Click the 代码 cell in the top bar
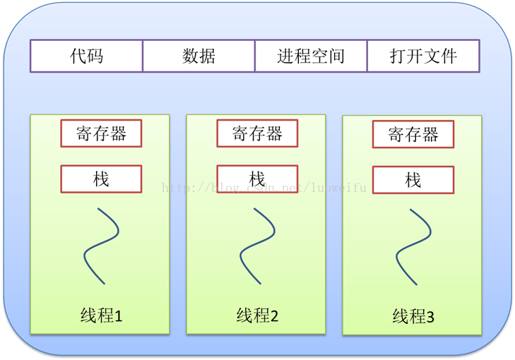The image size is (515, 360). tap(86, 56)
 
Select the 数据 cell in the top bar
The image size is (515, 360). tap(199, 56)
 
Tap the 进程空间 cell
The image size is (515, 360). tap(311, 56)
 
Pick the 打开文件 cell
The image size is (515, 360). tap(423, 56)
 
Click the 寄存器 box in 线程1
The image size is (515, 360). tap(101, 133)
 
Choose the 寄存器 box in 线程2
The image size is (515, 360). tap(257, 133)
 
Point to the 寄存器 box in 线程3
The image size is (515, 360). tap(413, 135)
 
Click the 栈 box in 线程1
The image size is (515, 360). tap(101, 179)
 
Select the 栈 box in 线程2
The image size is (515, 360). tap(257, 179)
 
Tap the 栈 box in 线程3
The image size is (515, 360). tap(413, 181)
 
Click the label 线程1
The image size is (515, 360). tap(101, 316)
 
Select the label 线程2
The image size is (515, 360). tap(257, 316)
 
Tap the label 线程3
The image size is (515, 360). tap(413, 318)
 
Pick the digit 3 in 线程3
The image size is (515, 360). tap(430, 318)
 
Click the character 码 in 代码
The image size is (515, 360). tap(95, 56)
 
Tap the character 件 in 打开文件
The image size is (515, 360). tap(449, 56)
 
